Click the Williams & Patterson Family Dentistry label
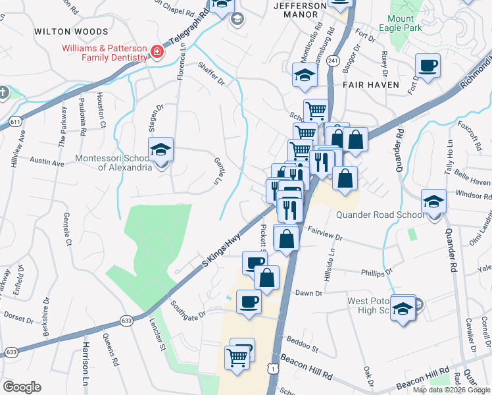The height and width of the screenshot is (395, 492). (104, 53)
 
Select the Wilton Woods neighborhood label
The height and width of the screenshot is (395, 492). (71, 32)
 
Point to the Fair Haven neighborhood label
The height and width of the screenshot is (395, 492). (371, 85)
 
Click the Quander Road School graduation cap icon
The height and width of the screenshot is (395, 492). (433, 203)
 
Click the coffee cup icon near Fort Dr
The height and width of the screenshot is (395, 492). (428, 66)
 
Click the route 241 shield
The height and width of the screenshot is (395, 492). (333, 61)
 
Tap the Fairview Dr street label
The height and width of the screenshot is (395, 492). (325, 234)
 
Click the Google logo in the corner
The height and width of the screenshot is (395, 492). (22, 387)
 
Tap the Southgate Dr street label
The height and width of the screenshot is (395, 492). (188, 307)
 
